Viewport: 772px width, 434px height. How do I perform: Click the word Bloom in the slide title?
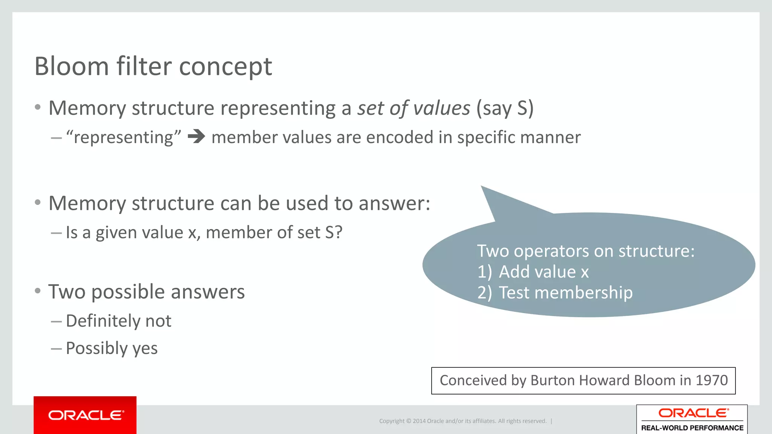click(72, 66)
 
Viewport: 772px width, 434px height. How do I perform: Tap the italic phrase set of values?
click(414, 108)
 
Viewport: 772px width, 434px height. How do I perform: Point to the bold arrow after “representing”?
click(196, 136)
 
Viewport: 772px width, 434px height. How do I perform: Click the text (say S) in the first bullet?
click(505, 108)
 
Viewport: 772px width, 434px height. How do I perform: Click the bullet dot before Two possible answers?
click(37, 291)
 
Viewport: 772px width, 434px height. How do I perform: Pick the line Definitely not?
click(118, 321)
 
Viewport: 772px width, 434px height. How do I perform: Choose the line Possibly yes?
click(112, 348)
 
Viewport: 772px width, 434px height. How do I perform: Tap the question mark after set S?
click(339, 232)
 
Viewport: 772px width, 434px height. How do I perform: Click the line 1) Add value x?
click(533, 272)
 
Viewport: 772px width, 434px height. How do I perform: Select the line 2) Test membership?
click(554, 293)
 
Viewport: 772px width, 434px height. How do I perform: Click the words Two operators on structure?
click(585, 251)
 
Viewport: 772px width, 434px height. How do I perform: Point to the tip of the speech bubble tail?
click(482, 187)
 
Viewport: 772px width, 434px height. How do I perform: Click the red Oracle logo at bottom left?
click(85, 415)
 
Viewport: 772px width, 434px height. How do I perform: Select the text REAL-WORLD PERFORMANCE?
click(692, 428)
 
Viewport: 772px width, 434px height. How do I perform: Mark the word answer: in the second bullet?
click(394, 203)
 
